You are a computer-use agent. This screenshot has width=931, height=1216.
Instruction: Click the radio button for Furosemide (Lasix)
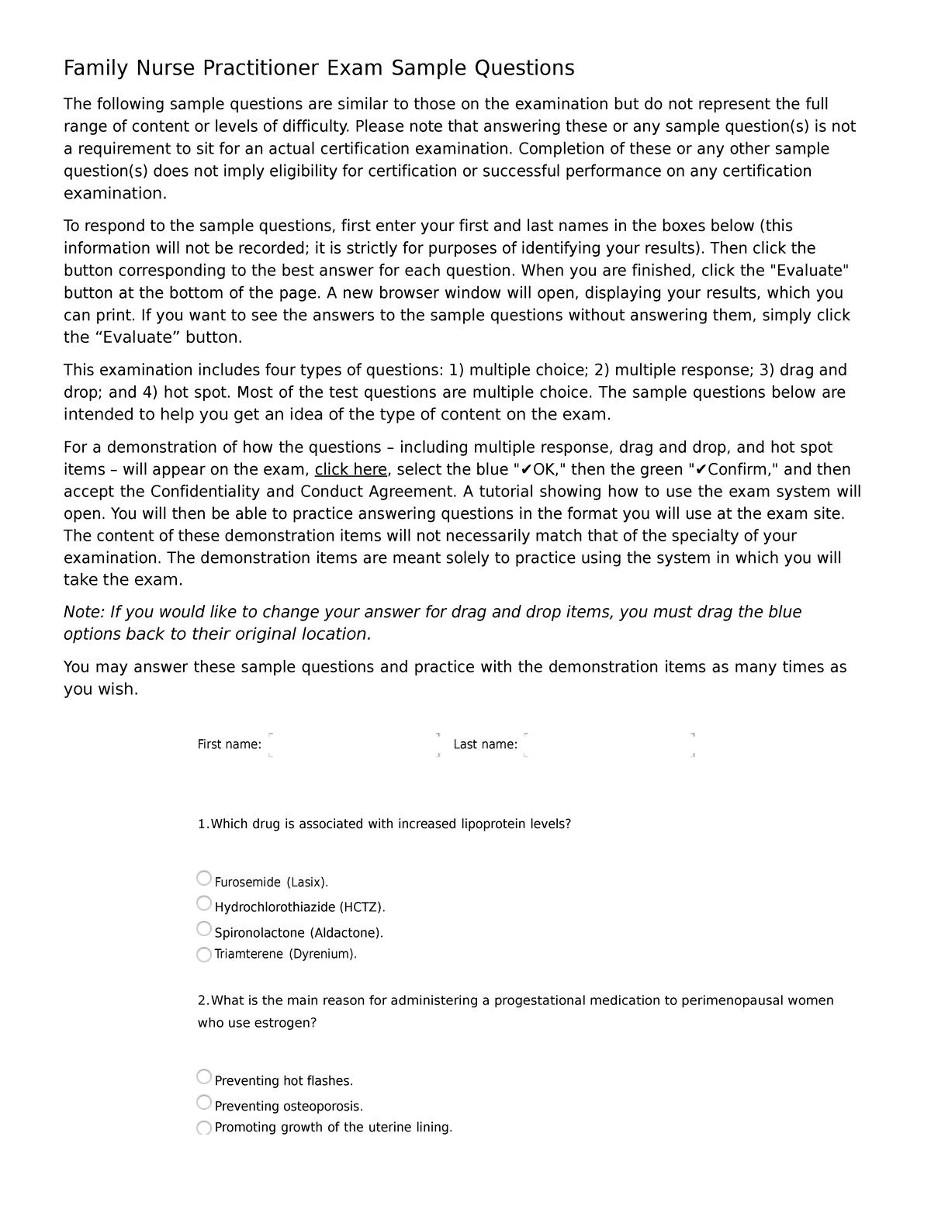[x=204, y=878]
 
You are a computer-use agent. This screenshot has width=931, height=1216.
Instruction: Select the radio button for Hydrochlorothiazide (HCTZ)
[x=204, y=903]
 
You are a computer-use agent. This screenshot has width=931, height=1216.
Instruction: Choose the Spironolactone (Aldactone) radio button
[x=204, y=928]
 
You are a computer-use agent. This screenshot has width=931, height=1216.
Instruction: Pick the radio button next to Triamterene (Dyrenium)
[x=204, y=954]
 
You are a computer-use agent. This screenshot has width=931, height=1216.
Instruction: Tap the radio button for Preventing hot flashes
[x=204, y=1076]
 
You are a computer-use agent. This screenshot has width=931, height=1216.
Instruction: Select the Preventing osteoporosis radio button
[x=204, y=1102]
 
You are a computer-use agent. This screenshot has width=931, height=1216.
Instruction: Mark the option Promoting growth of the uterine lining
[x=204, y=1127]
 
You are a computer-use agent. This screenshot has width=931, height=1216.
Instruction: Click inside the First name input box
[x=353, y=744]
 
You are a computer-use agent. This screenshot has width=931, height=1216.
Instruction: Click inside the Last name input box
[x=609, y=744]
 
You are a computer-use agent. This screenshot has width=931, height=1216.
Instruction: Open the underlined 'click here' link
[x=351, y=469]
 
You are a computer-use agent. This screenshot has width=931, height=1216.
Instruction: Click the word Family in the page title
[x=97, y=69]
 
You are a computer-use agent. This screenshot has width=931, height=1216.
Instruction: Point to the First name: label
[x=229, y=744]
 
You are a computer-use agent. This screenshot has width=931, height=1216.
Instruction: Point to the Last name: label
[x=485, y=744]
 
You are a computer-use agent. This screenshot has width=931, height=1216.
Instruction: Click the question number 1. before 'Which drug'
[x=203, y=824]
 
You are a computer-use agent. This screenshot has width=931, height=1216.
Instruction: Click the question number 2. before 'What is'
[x=203, y=1000]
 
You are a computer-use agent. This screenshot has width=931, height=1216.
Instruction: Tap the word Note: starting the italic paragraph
[x=84, y=612]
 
